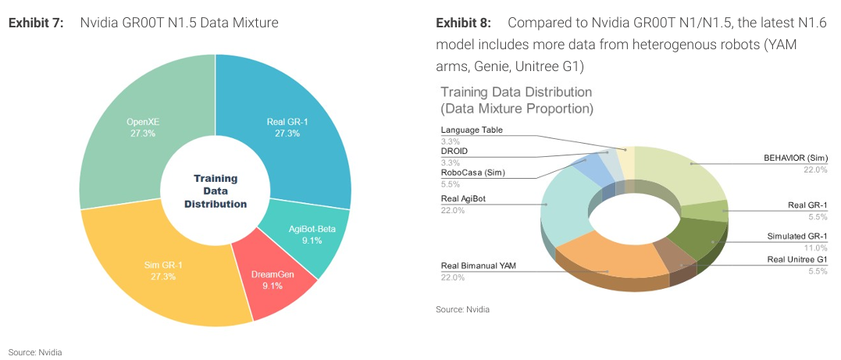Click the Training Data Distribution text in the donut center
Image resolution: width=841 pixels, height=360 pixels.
[216, 191]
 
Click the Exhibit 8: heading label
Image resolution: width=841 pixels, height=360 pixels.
[463, 23]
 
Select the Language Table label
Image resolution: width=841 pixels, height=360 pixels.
[472, 130]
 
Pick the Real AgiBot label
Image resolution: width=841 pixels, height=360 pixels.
[463, 199]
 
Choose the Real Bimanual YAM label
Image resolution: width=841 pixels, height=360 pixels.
[478, 266]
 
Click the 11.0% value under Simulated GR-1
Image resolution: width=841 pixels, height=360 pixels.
[816, 247]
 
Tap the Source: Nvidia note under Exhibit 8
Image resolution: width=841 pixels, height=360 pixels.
[462, 310]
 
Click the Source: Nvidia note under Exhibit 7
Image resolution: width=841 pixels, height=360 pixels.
[35, 352]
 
